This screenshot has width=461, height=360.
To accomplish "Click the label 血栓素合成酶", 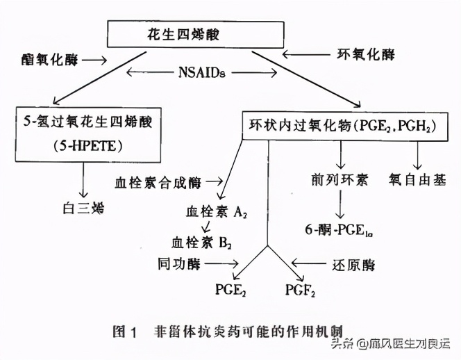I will click(x=158, y=183).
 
